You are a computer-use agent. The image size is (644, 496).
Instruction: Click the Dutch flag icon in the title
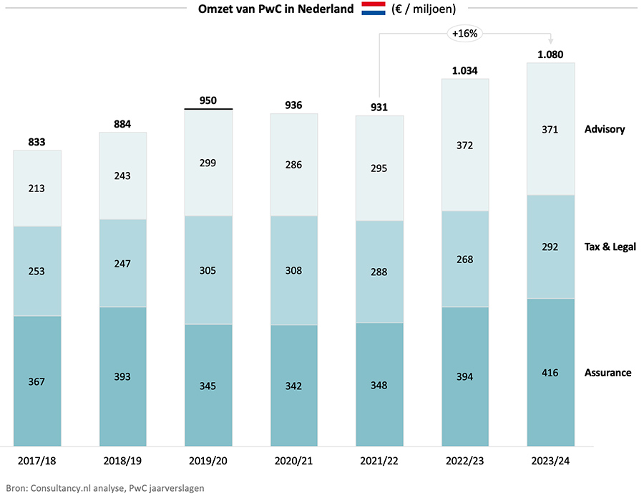(x=373, y=9)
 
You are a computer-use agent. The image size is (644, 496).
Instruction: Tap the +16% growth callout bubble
(x=464, y=33)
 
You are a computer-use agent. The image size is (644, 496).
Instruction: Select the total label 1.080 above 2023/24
(x=551, y=54)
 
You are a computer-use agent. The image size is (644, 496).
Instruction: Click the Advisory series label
(x=605, y=129)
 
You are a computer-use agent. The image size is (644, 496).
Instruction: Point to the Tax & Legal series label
(x=610, y=247)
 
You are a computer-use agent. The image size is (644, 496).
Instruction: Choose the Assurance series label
(x=608, y=373)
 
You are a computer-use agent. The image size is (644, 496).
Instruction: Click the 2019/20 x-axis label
(x=208, y=460)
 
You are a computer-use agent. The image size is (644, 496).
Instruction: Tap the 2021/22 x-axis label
(x=379, y=460)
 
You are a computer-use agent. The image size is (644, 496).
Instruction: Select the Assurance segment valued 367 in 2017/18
(x=36, y=381)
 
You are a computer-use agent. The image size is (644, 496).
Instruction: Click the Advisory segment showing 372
(x=465, y=145)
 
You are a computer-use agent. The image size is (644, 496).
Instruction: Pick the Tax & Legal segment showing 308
(x=293, y=270)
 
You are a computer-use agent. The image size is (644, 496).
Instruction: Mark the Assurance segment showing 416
(x=551, y=373)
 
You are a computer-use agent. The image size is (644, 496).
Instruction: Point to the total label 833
(x=36, y=142)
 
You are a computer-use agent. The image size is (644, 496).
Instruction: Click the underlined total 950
(x=208, y=100)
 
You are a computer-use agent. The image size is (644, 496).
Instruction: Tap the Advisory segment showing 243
(x=122, y=176)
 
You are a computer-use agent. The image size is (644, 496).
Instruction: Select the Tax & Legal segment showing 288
(x=379, y=272)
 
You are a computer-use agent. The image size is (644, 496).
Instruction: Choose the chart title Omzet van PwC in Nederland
(x=275, y=9)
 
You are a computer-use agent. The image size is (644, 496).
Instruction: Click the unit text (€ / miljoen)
(x=424, y=9)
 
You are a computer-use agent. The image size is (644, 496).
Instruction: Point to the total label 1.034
(x=465, y=70)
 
